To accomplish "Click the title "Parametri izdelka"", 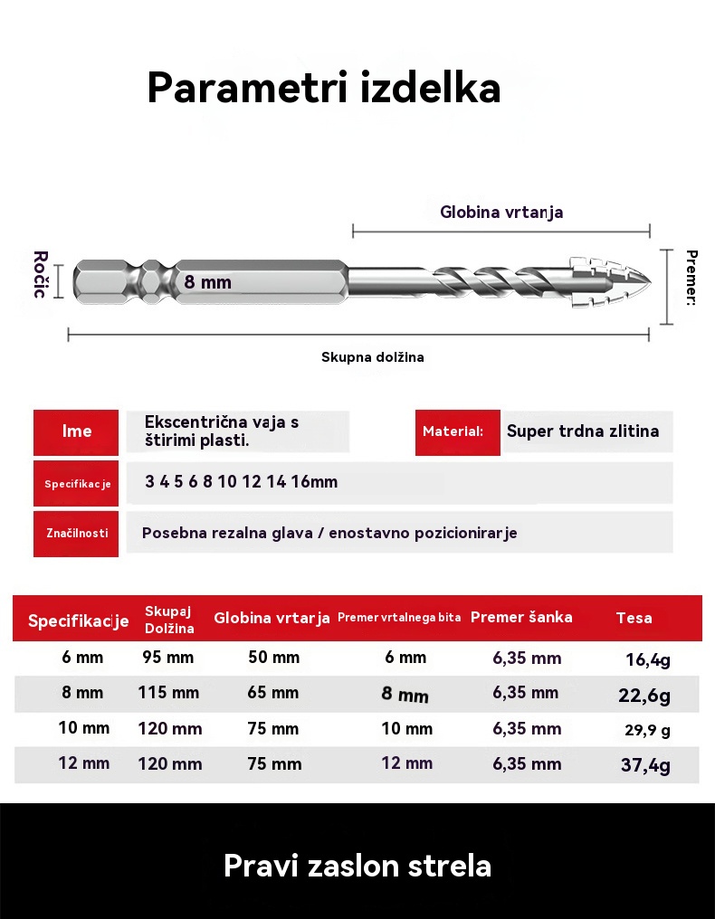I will [x=323, y=89].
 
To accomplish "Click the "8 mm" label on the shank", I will [x=207, y=282].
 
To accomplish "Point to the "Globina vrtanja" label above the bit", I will [x=501, y=213].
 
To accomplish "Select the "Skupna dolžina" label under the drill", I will [x=372, y=357].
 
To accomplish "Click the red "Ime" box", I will [x=77, y=431].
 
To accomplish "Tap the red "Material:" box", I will [x=458, y=431].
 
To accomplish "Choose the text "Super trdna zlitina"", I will [x=583, y=431].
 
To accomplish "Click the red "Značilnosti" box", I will [x=77, y=533].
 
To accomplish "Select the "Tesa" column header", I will [x=634, y=619].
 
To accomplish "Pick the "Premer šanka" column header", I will [x=521, y=618].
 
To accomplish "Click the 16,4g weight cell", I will [x=647, y=659].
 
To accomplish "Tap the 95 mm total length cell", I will [x=168, y=658].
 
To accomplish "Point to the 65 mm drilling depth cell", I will [x=273, y=693].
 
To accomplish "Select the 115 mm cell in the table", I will [x=168, y=693].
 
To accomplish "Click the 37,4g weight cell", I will [x=645, y=765].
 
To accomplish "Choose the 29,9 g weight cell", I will [x=647, y=730].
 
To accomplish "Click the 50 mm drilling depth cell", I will [x=273, y=658].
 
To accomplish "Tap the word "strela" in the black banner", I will [x=449, y=866].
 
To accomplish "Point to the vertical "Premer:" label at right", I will [x=691, y=279].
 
